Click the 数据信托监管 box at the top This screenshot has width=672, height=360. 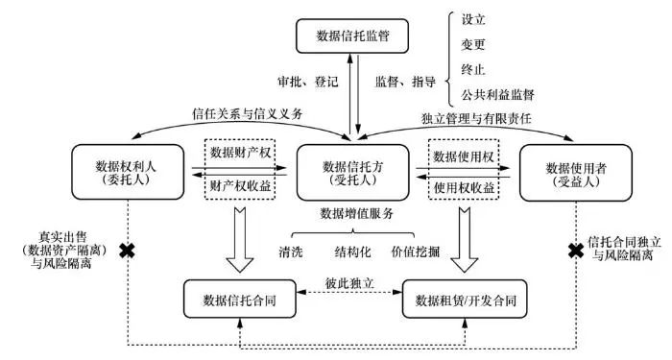pos(355,37)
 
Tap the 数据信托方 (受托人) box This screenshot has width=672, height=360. pos(357,172)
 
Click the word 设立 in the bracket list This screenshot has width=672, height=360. pos(473,19)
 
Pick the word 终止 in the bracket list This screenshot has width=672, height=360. pos(473,69)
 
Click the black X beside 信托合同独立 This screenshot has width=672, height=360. pos(576,251)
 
